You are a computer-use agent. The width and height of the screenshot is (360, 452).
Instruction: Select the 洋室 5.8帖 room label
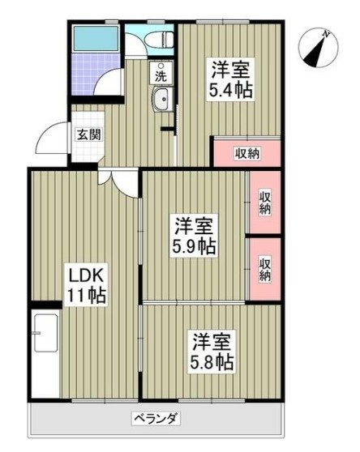213,348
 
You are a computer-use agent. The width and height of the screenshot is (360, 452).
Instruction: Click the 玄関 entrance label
88,134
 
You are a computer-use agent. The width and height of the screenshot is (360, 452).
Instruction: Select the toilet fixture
161,39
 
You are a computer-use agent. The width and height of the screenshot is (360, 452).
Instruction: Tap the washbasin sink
161,101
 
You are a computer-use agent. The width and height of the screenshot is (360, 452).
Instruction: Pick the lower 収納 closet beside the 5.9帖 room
265,267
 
